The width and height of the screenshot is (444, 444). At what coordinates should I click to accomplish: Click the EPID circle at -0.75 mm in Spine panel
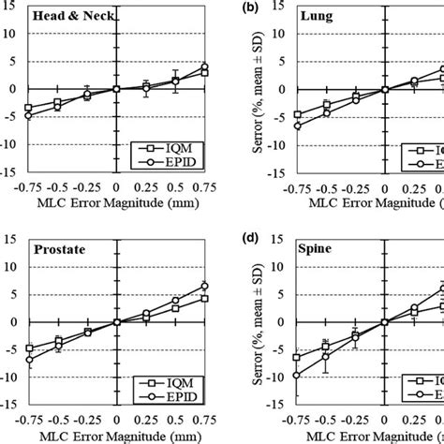tap(297, 376)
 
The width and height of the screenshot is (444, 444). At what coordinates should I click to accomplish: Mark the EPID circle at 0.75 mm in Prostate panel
tap(204, 286)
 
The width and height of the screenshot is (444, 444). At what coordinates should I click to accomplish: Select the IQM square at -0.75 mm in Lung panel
tap(297, 114)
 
